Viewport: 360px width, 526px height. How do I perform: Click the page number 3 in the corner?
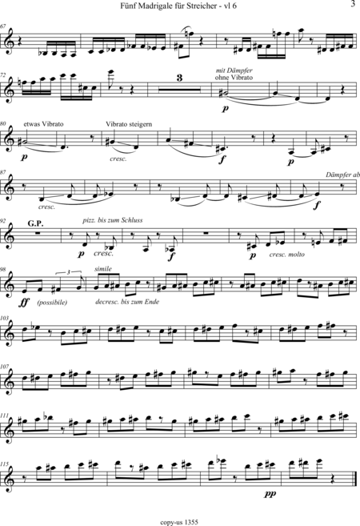pos(352,4)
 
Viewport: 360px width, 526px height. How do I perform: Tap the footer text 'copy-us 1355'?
pos(179,522)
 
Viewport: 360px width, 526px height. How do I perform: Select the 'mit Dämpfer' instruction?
pos(234,70)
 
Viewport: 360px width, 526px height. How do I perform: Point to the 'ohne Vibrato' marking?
pos(234,77)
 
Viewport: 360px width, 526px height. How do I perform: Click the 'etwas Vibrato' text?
pos(43,124)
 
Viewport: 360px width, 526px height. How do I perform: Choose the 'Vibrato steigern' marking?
pos(129,124)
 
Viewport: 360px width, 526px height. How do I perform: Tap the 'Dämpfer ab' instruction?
pos(342,175)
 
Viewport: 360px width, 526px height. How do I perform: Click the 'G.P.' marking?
pos(35,223)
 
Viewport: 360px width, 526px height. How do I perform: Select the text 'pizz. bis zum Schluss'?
pos(113,220)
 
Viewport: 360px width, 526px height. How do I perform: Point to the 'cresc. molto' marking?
pos(287,255)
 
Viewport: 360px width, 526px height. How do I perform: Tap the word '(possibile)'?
pos(52,303)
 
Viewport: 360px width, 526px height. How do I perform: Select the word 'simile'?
pos(103,269)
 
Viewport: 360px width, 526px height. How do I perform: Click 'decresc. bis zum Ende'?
pos(127,302)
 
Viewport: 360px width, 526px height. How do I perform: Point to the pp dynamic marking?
pos(270,494)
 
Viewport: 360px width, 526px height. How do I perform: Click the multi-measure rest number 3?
pos(180,78)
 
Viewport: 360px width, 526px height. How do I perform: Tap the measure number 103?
pos(5,317)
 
